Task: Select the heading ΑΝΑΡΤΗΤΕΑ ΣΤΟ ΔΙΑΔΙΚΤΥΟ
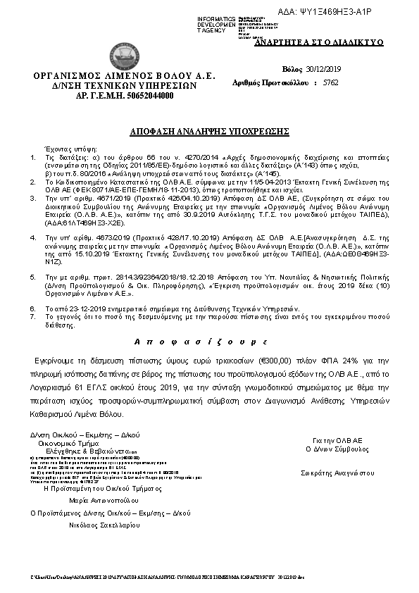[339, 42]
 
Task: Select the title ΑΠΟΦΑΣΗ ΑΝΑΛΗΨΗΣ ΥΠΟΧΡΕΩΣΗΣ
[209, 132]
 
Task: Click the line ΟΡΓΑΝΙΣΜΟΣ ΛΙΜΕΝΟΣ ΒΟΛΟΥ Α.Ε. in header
[124, 75]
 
